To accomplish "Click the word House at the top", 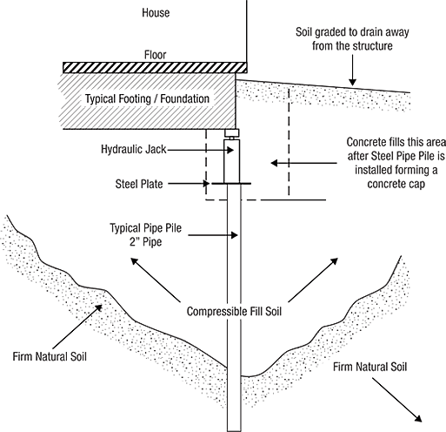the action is (156, 13).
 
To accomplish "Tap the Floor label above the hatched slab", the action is (156, 55).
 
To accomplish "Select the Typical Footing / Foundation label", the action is (147, 99).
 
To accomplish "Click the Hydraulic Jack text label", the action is (134, 150).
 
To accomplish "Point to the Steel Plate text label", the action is (139, 184).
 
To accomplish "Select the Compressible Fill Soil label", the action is (234, 312).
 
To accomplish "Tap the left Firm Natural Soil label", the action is (50, 356).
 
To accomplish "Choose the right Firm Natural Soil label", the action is (369, 367).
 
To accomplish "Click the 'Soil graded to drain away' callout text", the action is (352, 32).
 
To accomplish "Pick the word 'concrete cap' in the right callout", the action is (396, 185).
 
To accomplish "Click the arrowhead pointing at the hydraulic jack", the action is (230, 150).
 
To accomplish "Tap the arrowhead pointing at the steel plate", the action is (206, 184).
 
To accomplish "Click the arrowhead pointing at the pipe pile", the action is (234, 235).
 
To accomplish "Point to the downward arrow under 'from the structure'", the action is (352, 71).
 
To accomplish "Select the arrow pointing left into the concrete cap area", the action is (303, 163).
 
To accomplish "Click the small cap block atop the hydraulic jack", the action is (232, 133).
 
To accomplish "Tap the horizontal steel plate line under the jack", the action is (231, 184).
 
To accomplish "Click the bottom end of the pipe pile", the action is (234, 431).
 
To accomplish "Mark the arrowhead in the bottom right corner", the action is (418, 418).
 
